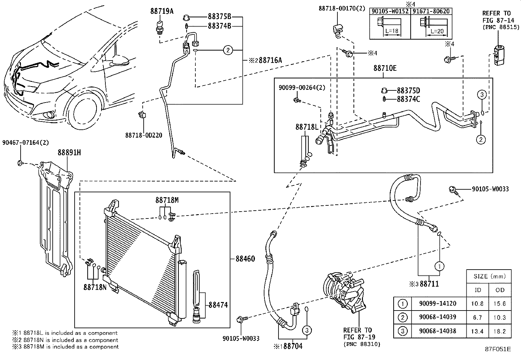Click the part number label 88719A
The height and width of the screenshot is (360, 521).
point(162,11)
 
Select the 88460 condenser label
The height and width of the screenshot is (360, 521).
point(245,259)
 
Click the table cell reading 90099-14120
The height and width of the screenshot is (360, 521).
point(438,304)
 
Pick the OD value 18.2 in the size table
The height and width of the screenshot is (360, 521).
point(499,331)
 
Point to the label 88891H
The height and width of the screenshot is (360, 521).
point(69,153)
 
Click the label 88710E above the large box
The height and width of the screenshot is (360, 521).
point(385,68)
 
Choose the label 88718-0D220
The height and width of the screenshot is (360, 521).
point(143,135)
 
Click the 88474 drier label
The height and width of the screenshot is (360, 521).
point(218,305)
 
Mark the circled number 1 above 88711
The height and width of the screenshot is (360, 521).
point(440,266)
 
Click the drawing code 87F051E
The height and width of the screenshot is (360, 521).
point(498,349)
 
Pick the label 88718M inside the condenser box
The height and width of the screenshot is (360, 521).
point(167,200)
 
